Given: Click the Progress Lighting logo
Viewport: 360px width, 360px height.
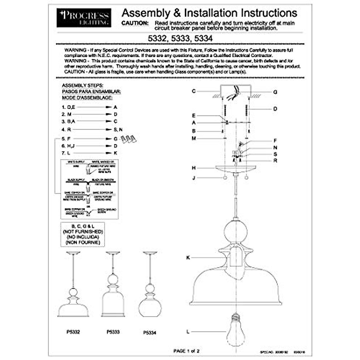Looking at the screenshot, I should click(84, 18).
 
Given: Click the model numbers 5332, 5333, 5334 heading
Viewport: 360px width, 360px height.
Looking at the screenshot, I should click(180, 38).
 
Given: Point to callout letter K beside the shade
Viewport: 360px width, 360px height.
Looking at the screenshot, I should click(188, 258).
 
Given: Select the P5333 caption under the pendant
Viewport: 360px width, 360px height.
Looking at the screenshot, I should click(113, 332).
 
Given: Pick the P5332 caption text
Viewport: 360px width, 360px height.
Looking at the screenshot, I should click(73, 332).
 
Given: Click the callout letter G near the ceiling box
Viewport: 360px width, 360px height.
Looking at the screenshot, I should click(275, 92).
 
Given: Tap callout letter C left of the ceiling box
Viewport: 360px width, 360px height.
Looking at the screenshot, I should click(194, 91).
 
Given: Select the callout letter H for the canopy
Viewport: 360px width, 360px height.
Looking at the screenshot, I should click(193, 168).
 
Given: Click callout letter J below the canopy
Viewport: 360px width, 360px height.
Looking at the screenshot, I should click(194, 178).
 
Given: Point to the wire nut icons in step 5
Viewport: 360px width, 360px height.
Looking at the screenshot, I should click(128, 139).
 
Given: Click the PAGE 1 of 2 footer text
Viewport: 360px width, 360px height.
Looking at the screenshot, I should click(186, 351).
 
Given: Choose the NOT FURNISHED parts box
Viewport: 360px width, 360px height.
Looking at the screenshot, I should click(82, 234).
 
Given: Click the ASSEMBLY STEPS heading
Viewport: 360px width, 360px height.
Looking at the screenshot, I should click(82, 85).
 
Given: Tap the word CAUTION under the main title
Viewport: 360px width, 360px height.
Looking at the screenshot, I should click(135, 23).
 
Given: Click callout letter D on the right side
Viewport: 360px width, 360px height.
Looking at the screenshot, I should click(275, 109).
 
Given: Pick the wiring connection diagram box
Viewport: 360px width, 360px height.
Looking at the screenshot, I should click(89, 189).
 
